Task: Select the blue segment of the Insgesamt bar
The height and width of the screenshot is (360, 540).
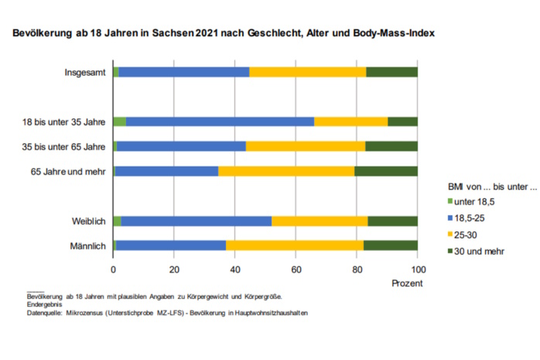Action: click(x=184, y=72)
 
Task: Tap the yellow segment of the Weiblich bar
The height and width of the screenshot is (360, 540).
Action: click(x=320, y=221)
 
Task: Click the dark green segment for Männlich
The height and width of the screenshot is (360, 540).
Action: click(x=391, y=245)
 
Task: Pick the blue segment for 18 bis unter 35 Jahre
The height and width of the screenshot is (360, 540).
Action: click(x=220, y=122)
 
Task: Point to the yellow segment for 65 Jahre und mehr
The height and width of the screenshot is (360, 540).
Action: click(x=286, y=170)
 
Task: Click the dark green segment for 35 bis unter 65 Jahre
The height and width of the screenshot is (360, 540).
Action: click(x=391, y=146)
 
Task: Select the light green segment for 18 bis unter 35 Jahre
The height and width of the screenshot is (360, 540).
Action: click(x=119, y=122)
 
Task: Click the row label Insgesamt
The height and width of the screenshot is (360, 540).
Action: click(x=85, y=73)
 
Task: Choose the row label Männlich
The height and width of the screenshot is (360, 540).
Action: click(x=88, y=246)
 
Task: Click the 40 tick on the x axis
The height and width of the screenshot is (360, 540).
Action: click(x=235, y=269)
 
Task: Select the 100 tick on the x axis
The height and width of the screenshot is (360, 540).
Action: click(x=418, y=269)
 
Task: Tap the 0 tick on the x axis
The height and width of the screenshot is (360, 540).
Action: click(x=114, y=269)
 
